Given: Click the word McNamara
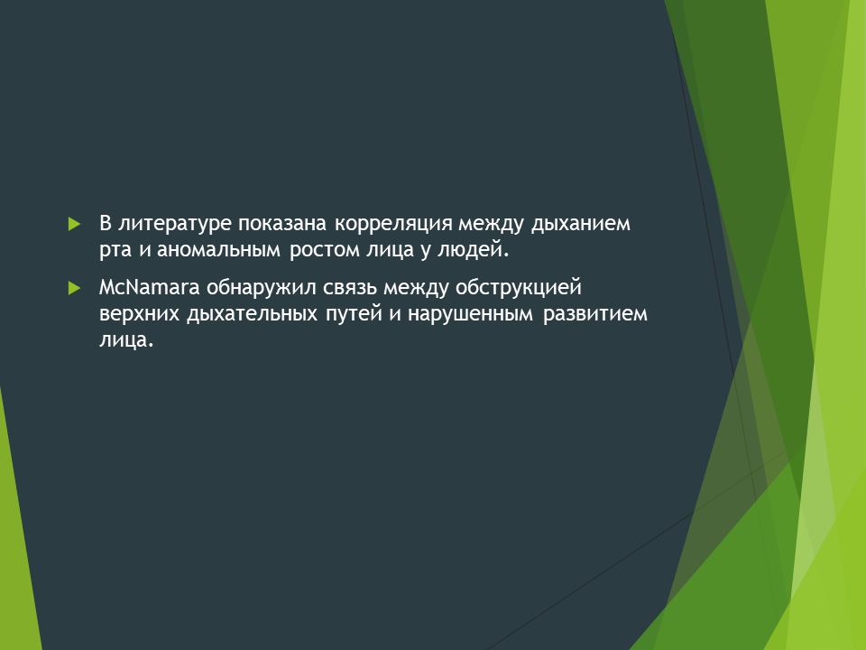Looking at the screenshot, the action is (x=149, y=287).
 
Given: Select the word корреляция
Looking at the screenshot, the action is (x=393, y=224).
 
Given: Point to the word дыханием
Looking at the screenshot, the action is (x=580, y=224).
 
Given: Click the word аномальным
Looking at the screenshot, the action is (x=218, y=250).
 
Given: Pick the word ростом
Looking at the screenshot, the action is (x=325, y=250).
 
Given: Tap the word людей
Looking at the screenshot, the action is (x=473, y=249).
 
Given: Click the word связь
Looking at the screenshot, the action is (x=351, y=288).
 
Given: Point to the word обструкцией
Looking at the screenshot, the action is (x=519, y=288).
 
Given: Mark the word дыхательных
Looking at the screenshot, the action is (x=252, y=314).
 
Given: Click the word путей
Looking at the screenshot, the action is (x=354, y=313).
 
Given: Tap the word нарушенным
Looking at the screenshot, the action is (x=471, y=314).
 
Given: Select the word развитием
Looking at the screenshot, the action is (x=595, y=314).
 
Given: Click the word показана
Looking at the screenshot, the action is (x=282, y=224).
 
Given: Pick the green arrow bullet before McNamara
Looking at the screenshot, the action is (x=74, y=288).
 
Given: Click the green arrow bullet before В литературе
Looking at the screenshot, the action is (x=74, y=224).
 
